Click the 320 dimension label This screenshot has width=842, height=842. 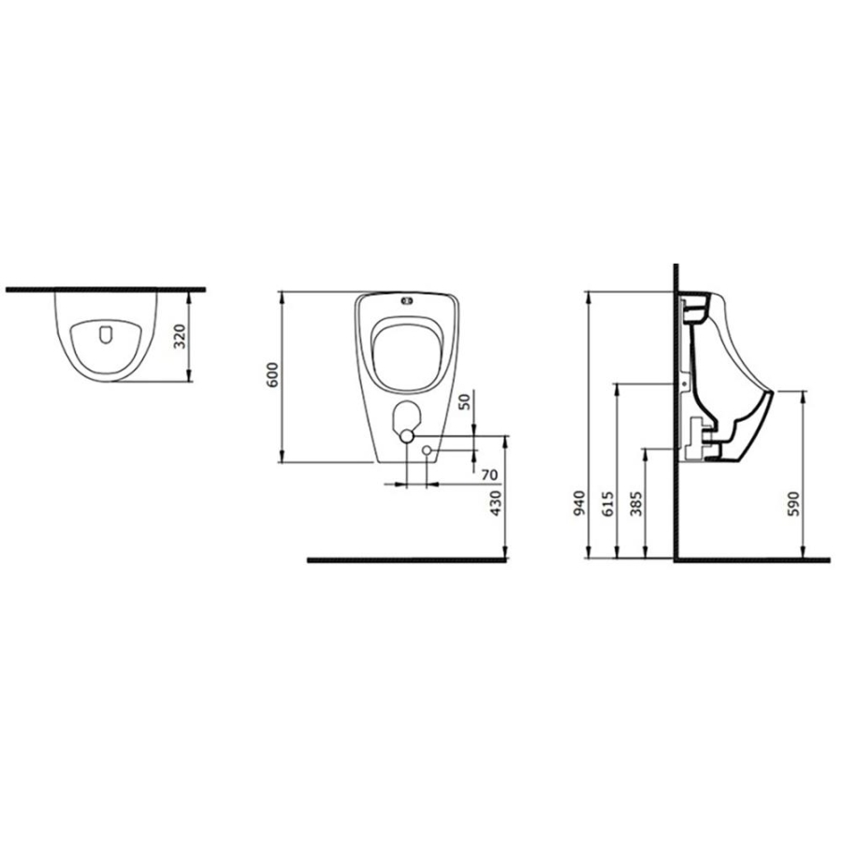[181, 336]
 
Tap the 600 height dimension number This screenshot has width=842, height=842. [273, 375]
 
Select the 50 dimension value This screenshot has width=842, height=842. [464, 401]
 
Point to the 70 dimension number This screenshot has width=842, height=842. [489, 474]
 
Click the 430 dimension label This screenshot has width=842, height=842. [496, 503]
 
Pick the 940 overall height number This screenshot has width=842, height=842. [579, 503]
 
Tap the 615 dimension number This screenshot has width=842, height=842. [607, 503]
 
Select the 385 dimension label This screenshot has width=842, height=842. [636, 503]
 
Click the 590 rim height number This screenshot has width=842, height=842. [793, 503]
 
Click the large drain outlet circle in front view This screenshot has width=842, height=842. [407, 435]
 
